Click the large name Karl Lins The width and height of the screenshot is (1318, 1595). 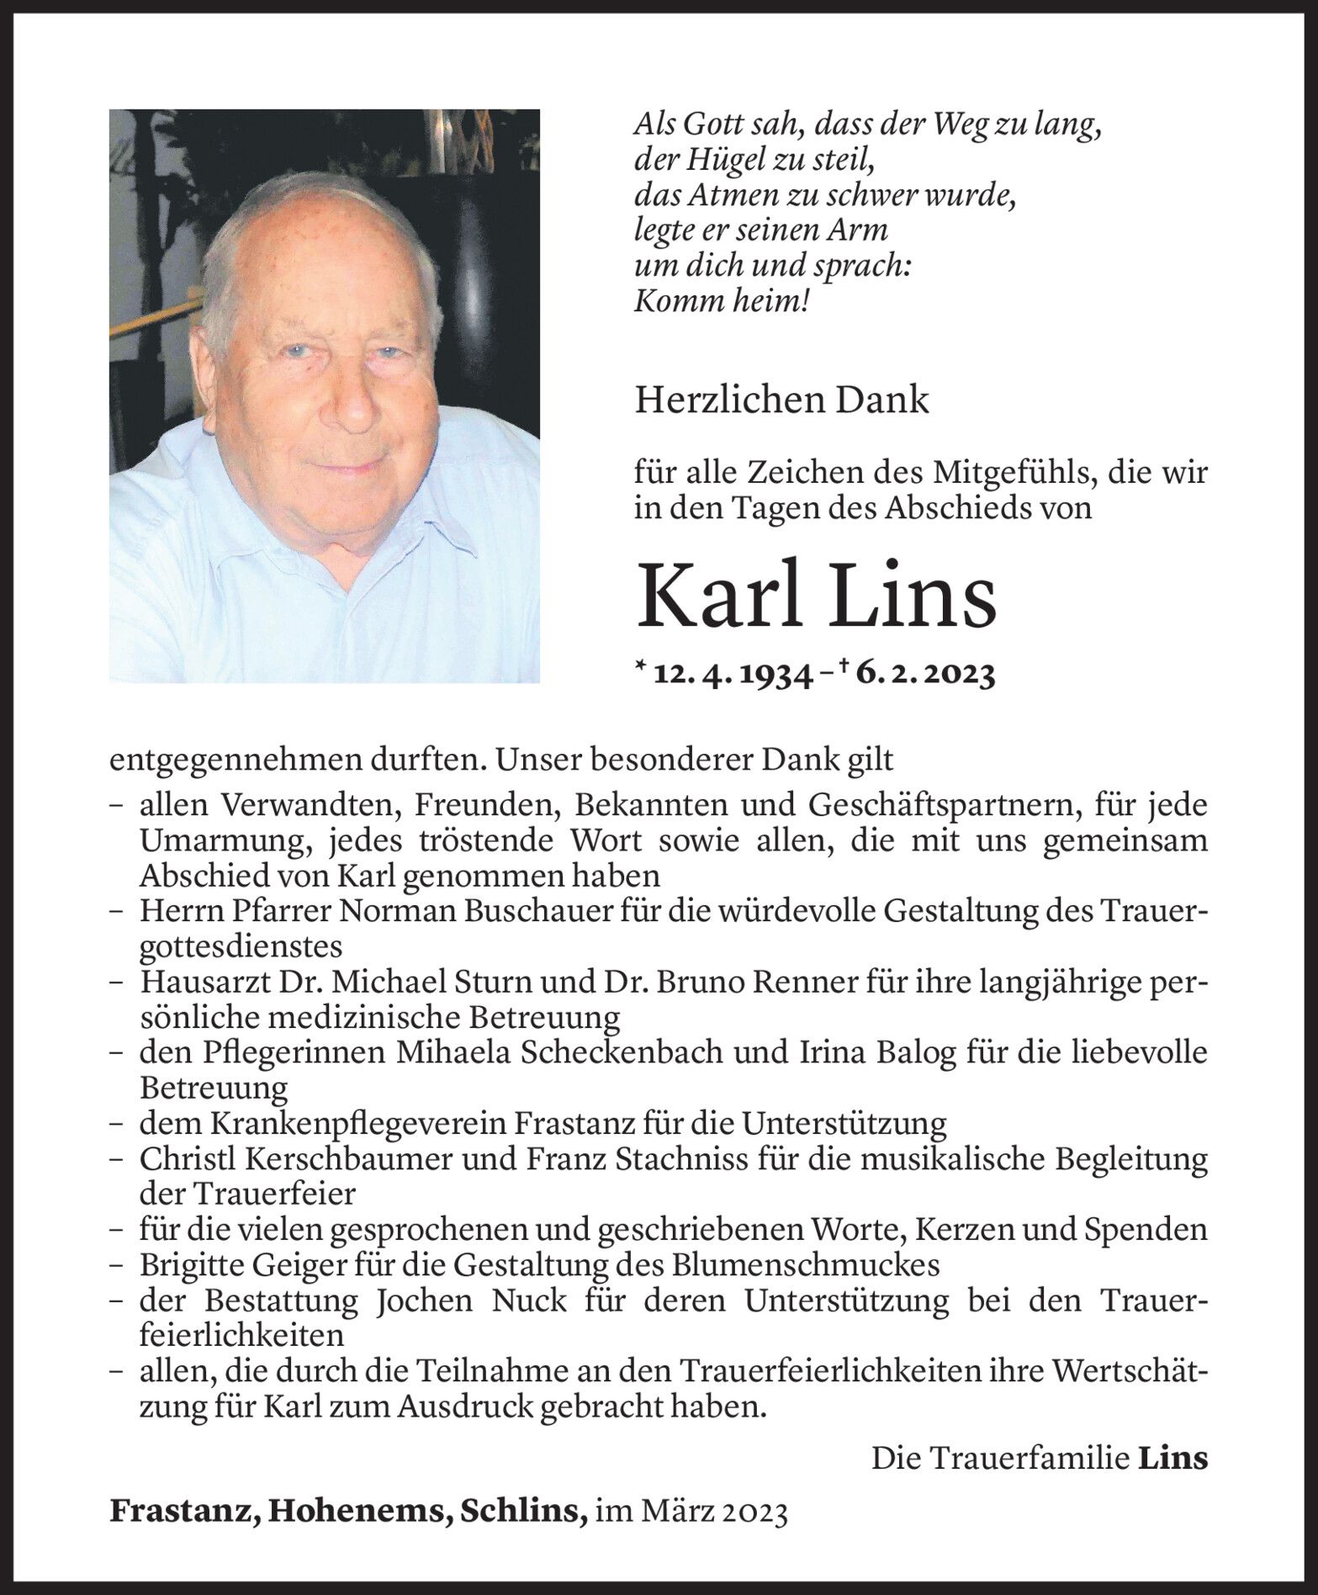815,596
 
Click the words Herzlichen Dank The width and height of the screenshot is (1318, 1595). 781,400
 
